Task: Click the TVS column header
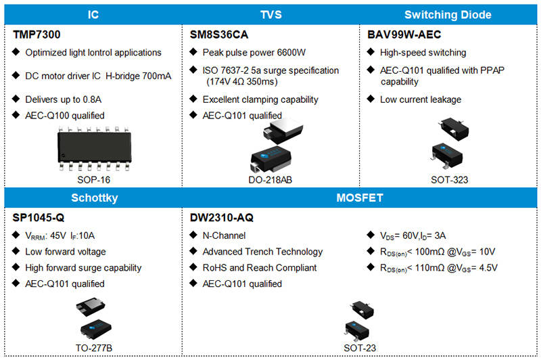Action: click(271, 14)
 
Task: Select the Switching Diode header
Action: click(448, 14)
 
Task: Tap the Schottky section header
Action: click(94, 198)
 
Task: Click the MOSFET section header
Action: click(360, 198)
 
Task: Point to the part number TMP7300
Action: click(37, 35)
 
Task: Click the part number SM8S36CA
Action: click(218, 35)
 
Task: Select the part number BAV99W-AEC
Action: click(404, 35)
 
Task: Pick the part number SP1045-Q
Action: click(39, 217)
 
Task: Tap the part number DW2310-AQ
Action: click(222, 217)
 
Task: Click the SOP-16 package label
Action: click(93, 180)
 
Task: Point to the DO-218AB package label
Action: click(270, 180)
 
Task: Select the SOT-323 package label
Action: click(449, 180)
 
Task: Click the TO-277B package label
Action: click(94, 348)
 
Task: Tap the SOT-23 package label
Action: click(360, 348)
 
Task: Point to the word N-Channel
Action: click(224, 235)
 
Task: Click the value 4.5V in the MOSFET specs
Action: click(488, 267)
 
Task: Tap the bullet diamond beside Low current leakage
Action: click(371, 99)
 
